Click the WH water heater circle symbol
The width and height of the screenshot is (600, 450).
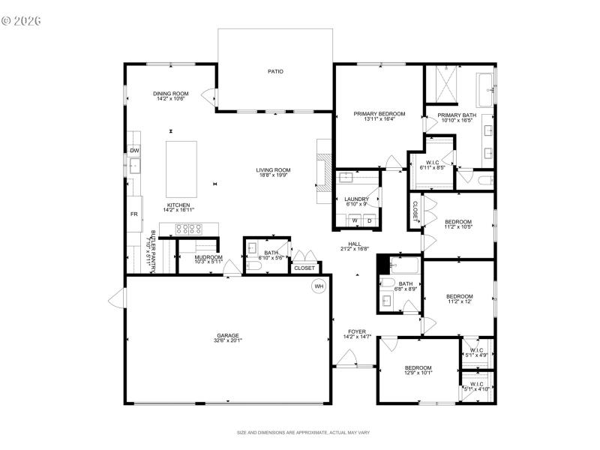[x=318, y=286]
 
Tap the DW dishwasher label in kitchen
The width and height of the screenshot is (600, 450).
[x=134, y=151]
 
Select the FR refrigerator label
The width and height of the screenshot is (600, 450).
[x=135, y=214]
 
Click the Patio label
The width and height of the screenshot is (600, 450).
[x=275, y=72]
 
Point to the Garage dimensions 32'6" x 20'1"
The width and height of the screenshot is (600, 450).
[x=229, y=340]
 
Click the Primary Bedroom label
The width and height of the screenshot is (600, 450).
[x=379, y=114]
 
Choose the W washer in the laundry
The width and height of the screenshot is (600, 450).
[x=355, y=220]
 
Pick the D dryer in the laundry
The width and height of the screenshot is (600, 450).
[x=369, y=220]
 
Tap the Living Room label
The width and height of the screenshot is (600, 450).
[x=274, y=170]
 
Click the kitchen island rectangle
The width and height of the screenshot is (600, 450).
[x=181, y=162]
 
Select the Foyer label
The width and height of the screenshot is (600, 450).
[x=355, y=331]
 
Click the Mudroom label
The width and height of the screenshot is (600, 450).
[x=198, y=257]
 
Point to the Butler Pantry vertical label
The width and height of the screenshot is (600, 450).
[x=153, y=250]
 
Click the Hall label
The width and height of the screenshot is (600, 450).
[x=355, y=244]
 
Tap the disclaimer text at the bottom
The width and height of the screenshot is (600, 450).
[x=303, y=433]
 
